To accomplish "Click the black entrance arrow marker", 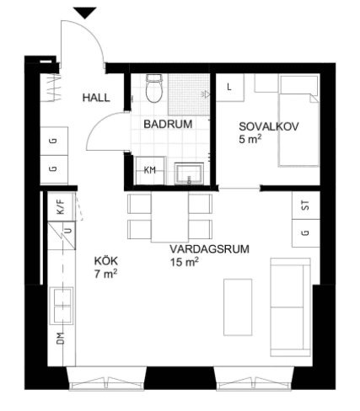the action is pos(85,13).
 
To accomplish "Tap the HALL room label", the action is pos(96,98).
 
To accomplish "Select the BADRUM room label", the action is pos(168,124).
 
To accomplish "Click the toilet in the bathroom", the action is pos(154,88).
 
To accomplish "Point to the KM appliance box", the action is pos(150,171).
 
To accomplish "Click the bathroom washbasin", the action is pos(189,173).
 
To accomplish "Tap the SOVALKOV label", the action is pos(269,126).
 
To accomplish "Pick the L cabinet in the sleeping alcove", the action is pos(229,88).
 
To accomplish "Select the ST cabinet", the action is pos(306,205).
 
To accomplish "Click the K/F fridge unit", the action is pos(62,206).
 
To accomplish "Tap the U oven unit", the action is pos(62,235).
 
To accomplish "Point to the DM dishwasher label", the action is pos(61,338).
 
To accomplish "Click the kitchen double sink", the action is pos(62,306).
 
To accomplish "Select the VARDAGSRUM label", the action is pos(209,249).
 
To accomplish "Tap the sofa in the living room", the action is pos(290,307).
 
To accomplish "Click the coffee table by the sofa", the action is pos(238,307).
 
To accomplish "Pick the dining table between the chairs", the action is pos(169,216).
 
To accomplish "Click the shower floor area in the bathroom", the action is pos(189,94).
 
